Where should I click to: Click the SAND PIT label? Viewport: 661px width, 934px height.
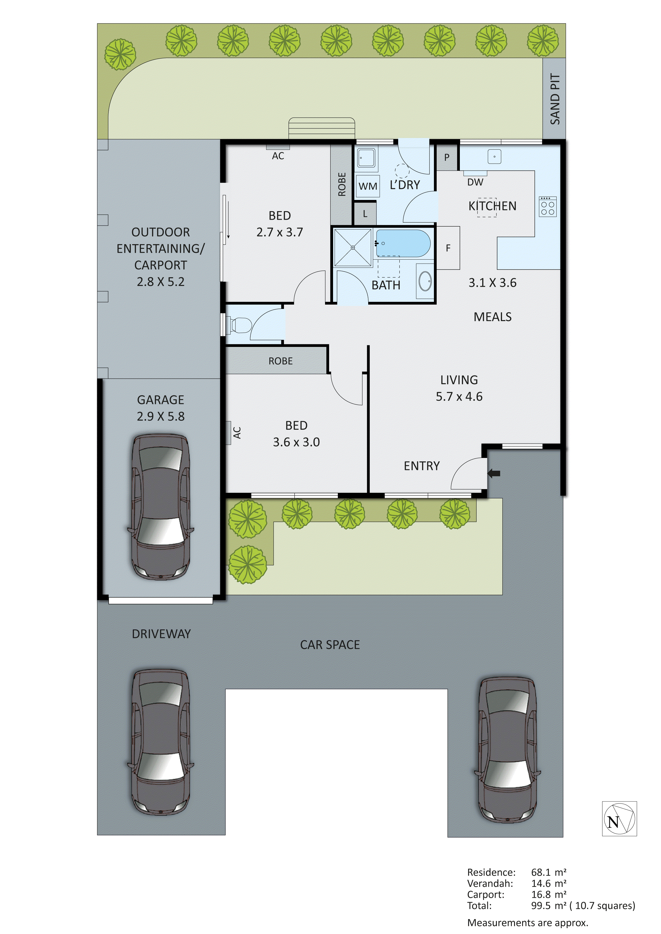coord(555,99)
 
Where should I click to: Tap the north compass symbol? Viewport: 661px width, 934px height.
coord(619,819)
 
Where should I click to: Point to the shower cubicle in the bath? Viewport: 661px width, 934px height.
coord(352,247)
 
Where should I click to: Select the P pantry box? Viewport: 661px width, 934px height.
coord(447,157)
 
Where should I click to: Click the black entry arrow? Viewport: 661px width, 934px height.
coord(494,473)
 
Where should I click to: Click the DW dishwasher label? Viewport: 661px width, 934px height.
coord(475,182)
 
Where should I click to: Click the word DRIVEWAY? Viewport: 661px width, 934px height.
coord(161,634)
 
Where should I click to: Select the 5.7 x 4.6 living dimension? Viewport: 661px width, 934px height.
coord(459,397)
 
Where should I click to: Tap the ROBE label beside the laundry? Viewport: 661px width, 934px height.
coord(342,184)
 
